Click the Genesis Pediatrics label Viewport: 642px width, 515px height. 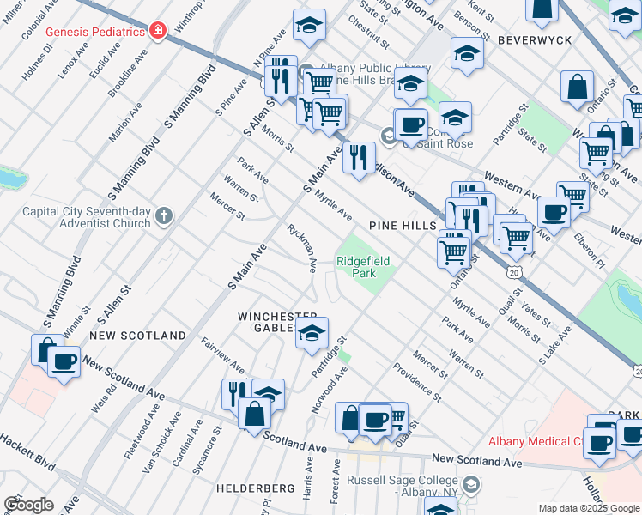tap(94, 32)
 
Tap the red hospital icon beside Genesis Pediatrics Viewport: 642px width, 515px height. tap(157, 32)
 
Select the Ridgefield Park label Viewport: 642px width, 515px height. tap(357, 267)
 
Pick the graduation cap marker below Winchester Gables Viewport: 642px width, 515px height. tap(312, 334)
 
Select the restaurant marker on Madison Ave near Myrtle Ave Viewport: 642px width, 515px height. tap(360, 156)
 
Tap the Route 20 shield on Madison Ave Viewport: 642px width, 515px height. tap(513, 271)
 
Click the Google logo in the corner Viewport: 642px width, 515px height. tap(28, 505)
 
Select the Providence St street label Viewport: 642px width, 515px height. tap(417, 383)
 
